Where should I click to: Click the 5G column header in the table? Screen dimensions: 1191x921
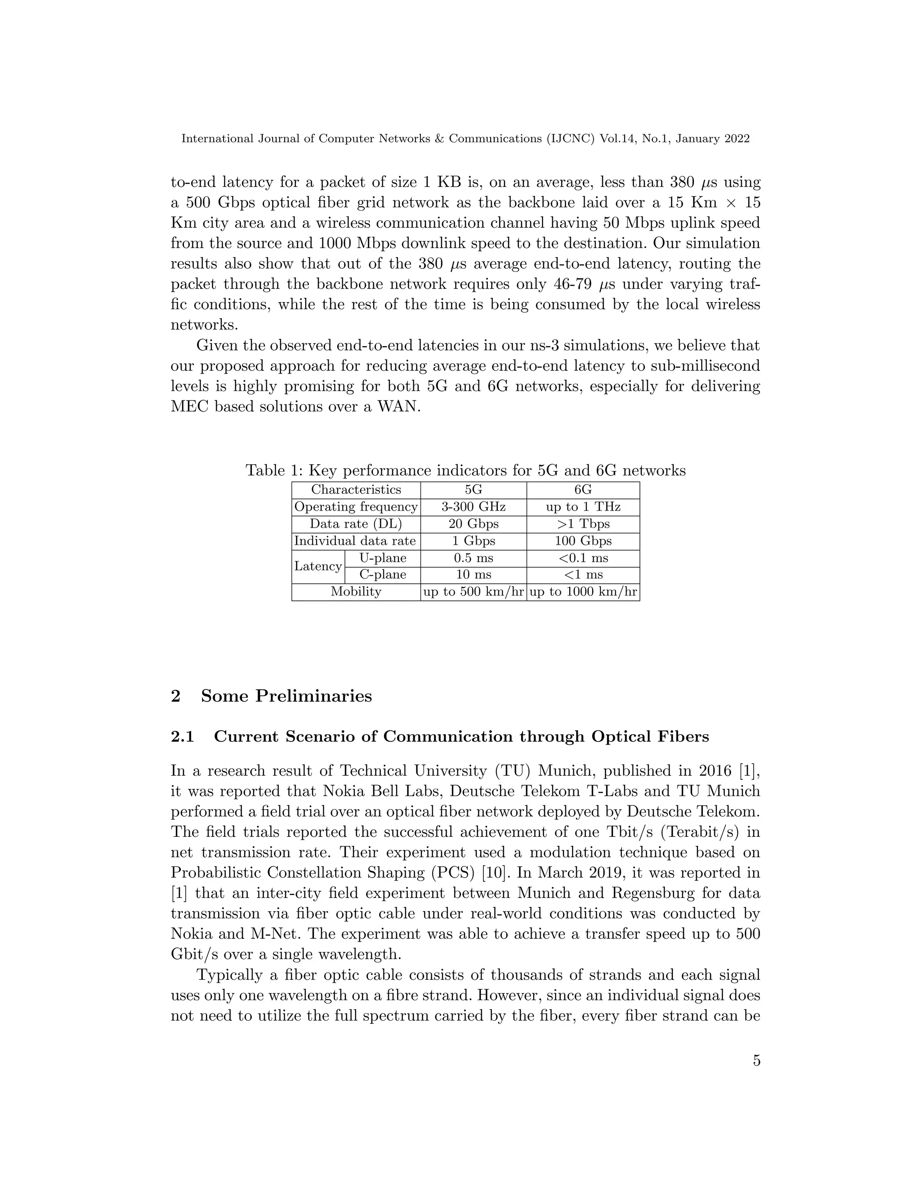[x=473, y=490]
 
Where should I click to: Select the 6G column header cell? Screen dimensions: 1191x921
[x=583, y=490]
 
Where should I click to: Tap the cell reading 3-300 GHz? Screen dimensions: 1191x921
[x=473, y=507]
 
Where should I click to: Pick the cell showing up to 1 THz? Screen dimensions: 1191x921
[x=583, y=507]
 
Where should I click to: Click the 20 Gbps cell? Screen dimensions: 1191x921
[x=473, y=524]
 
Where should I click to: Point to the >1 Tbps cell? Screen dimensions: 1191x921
[x=583, y=524]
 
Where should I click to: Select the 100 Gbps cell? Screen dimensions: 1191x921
[x=583, y=541]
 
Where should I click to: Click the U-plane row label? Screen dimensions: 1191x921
[x=383, y=558]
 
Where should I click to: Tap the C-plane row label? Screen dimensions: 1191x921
[x=383, y=575]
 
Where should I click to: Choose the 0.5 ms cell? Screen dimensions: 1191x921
[x=473, y=558]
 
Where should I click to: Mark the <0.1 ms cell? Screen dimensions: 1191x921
[x=583, y=558]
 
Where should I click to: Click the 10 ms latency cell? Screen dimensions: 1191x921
[x=473, y=575]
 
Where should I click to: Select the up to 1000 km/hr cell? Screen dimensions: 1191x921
[x=583, y=592]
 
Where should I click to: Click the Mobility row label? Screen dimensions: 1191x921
[x=356, y=592]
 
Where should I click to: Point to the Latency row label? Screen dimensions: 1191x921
[x=317, y=566]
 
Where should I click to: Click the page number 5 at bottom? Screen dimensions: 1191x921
[x=756, y=1061]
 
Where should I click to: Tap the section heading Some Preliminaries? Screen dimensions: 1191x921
[x=286, y=696]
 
